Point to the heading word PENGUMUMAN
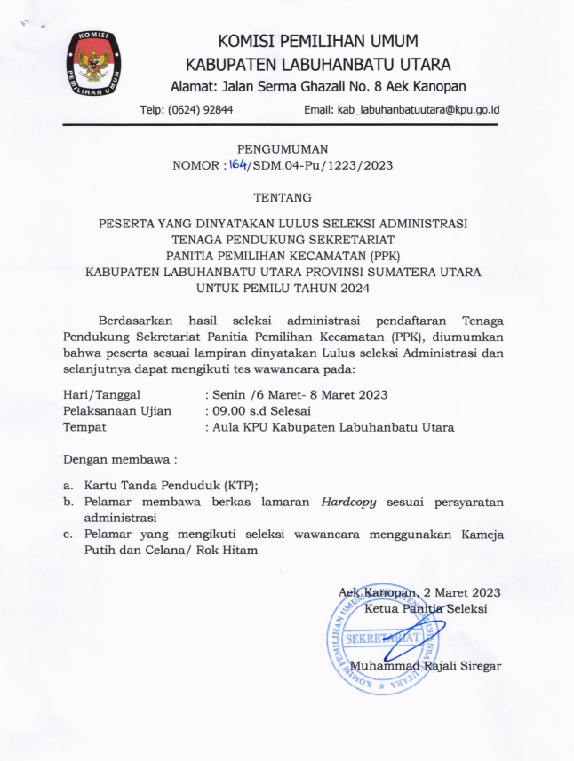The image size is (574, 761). [x=282, y=148]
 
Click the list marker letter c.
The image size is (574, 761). [x=68, y=535]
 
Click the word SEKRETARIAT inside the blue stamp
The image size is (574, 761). [x=383, y=638]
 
